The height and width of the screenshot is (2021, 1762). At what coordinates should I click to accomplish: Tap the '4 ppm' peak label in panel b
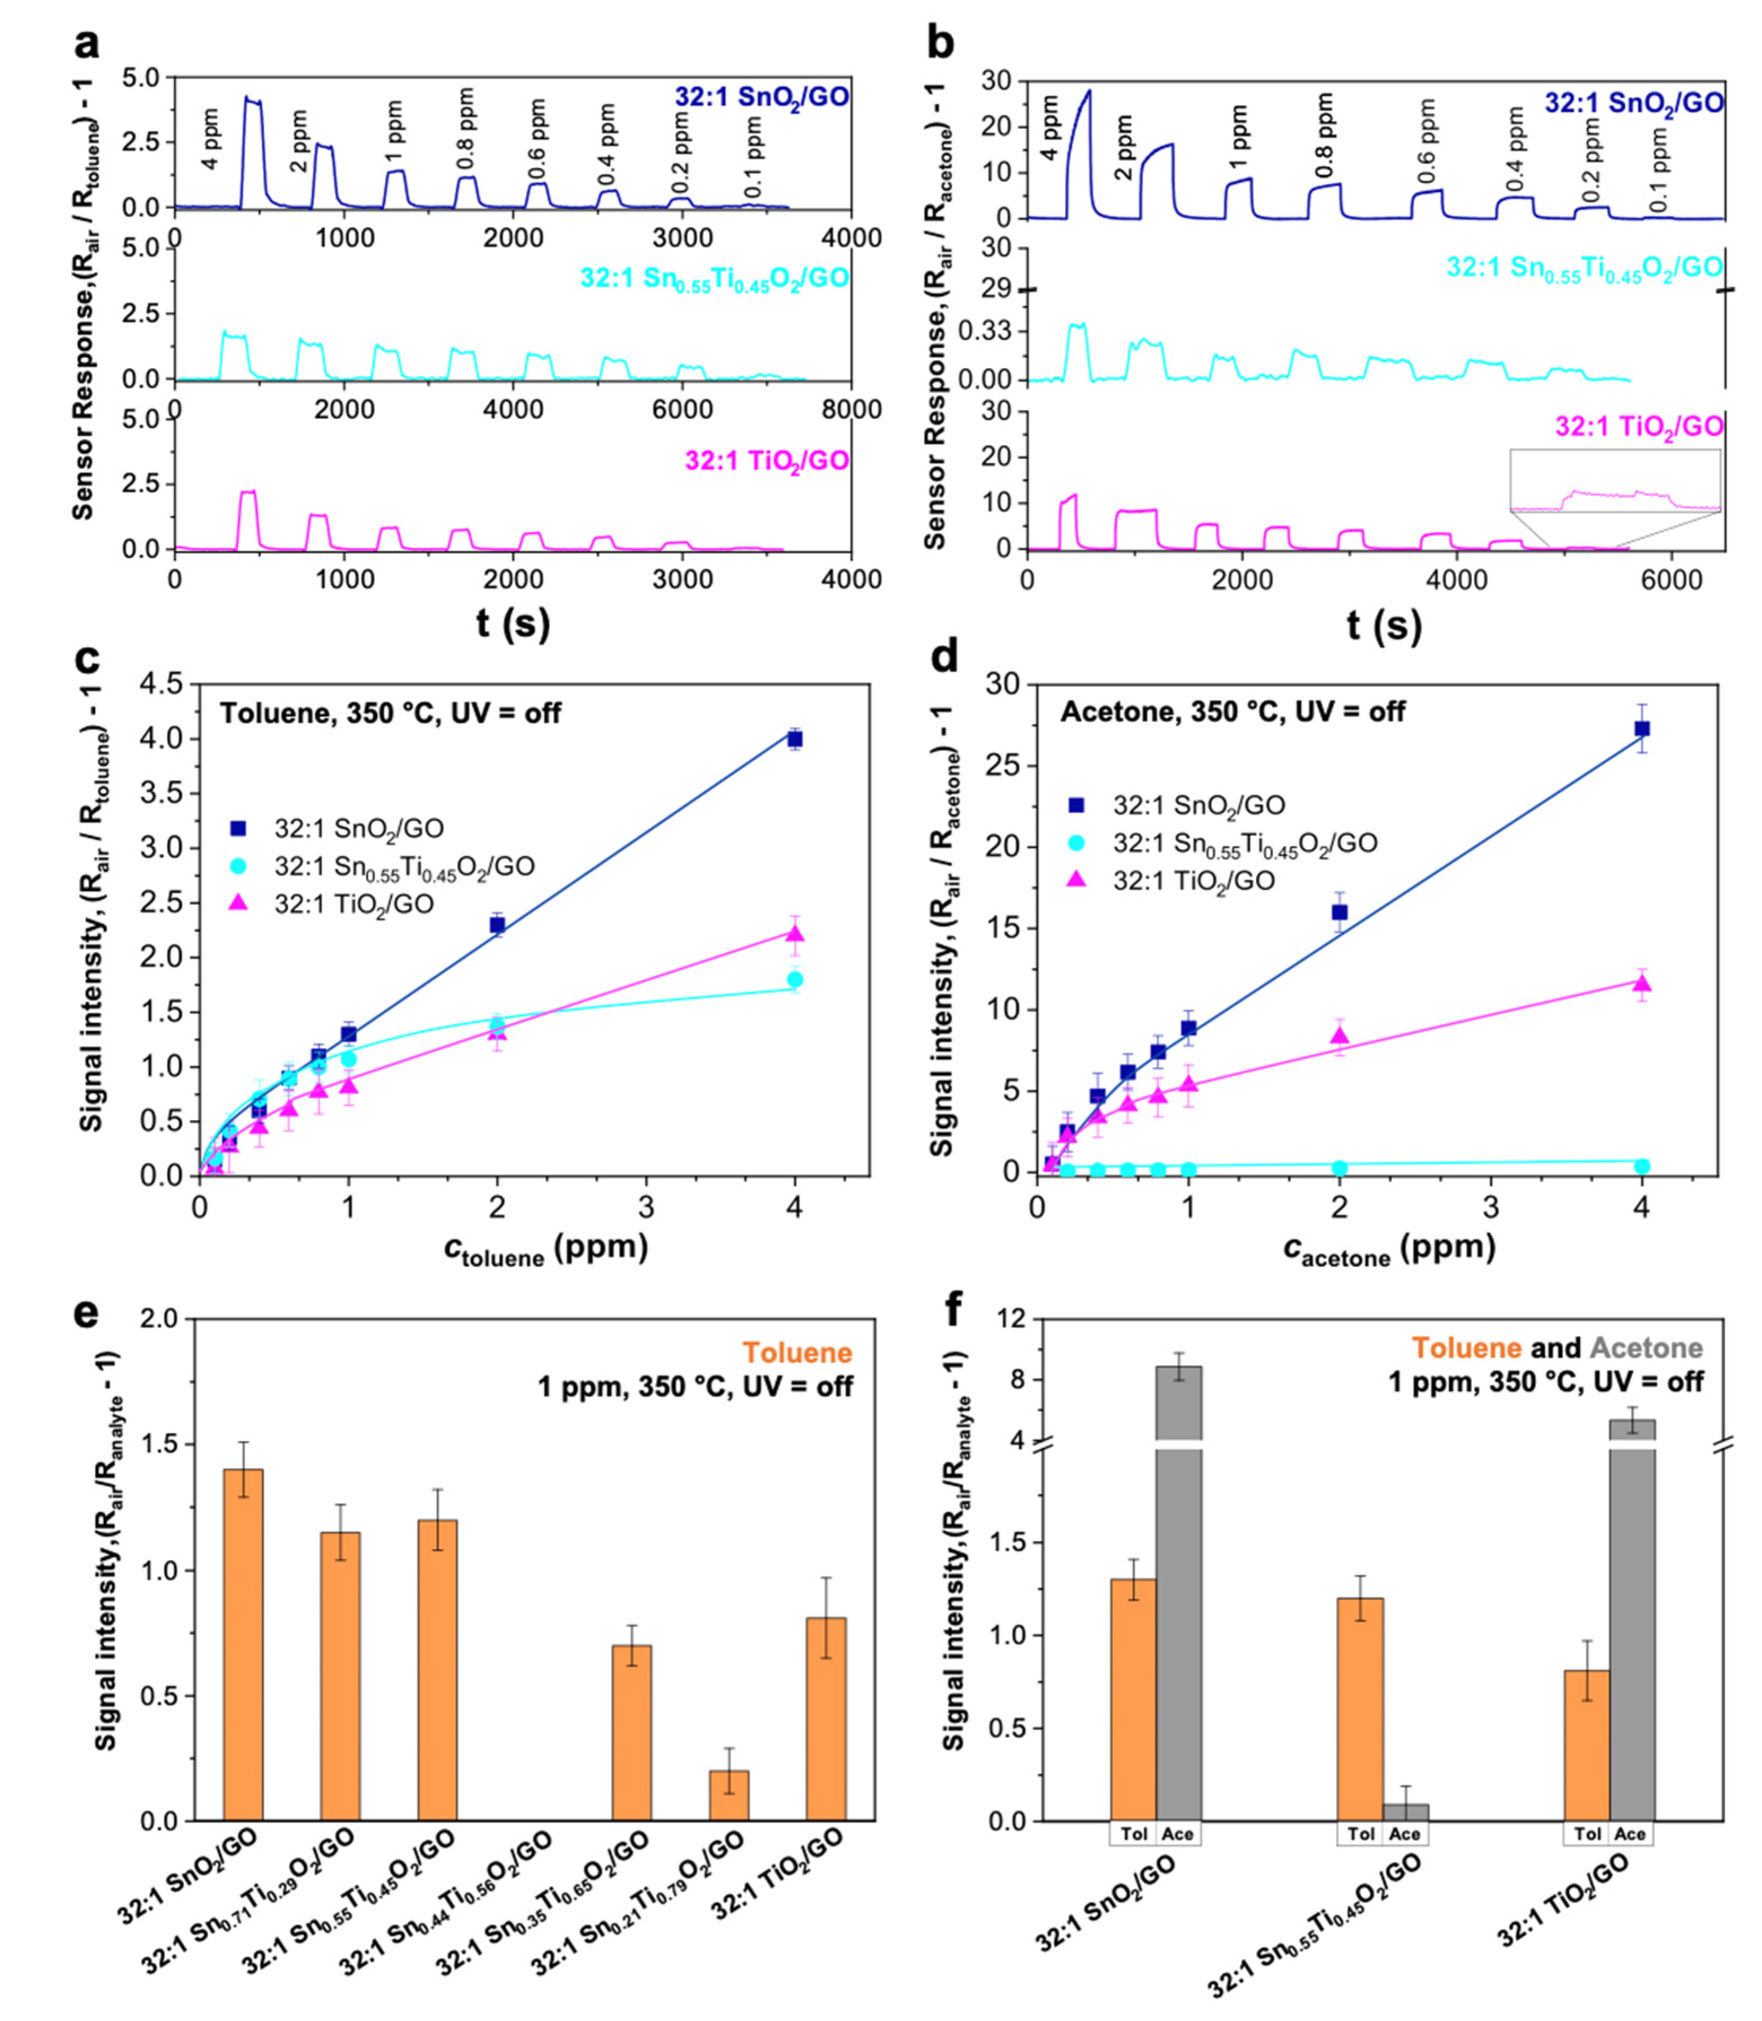1050,128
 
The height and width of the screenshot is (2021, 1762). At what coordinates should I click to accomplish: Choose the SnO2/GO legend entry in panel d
1197,805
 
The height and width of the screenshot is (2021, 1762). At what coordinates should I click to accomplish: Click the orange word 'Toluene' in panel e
797,1352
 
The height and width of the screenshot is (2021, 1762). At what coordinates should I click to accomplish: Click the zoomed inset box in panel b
1615,481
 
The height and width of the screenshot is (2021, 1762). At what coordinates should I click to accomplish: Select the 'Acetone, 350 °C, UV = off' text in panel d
1232,711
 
